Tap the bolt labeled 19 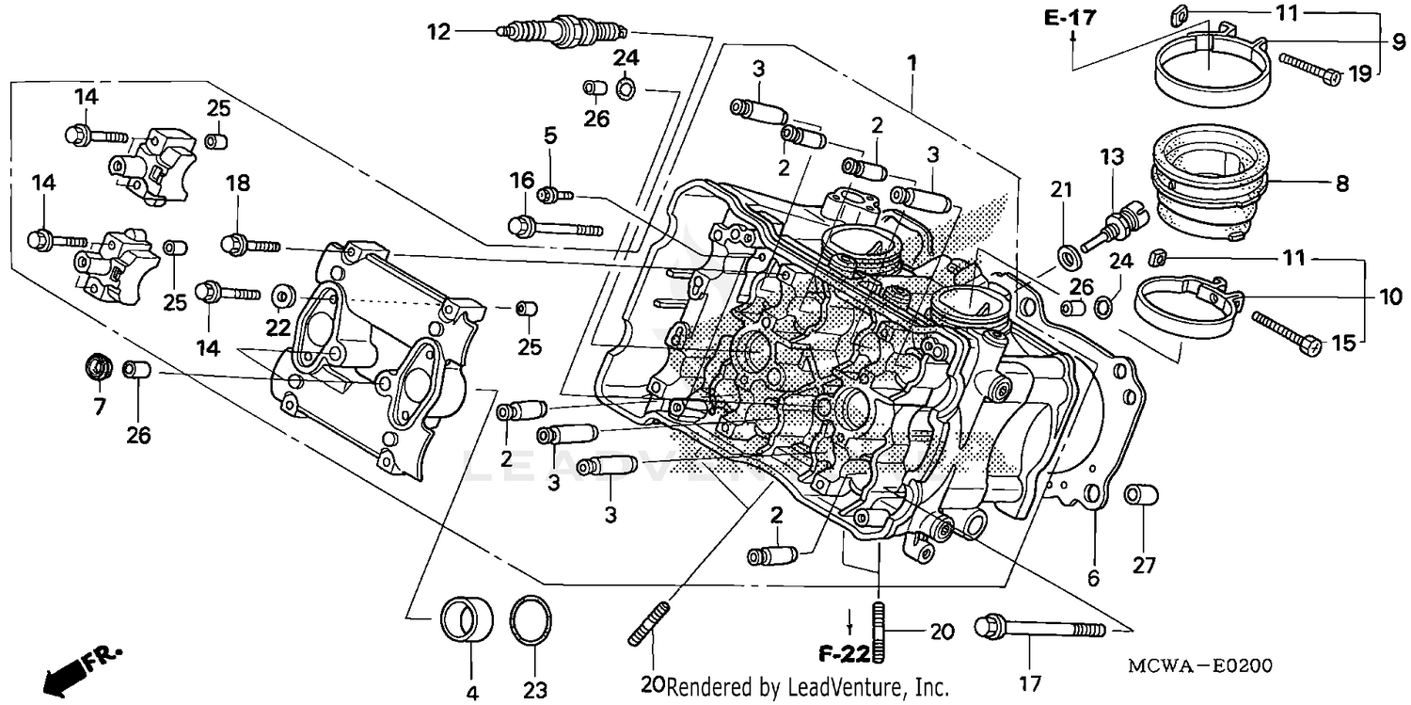(1308, 70)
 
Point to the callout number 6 (1093, 578)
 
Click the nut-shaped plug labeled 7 (98, 366)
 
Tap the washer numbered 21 (1069, 254)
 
